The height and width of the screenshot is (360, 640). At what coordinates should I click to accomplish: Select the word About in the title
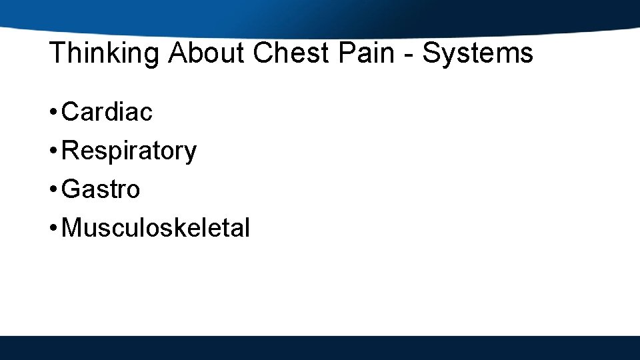(206, 53)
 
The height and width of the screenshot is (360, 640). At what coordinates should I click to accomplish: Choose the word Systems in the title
(477, 53)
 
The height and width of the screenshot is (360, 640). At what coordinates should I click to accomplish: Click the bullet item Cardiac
(107, 112)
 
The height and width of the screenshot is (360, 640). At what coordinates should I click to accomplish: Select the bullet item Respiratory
(129, 151)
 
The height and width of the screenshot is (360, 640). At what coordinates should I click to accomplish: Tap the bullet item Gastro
(101, 189)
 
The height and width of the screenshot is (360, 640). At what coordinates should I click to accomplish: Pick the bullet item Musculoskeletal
(155, 228)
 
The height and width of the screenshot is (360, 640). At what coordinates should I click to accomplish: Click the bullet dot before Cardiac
(53, 113)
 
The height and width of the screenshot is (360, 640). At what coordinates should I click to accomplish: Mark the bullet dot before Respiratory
(53, 151)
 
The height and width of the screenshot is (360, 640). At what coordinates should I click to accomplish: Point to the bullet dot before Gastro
(53, 190)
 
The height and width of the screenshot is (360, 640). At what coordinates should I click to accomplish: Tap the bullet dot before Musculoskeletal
(53, 229)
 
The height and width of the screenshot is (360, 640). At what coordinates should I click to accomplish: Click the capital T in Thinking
(57, 53)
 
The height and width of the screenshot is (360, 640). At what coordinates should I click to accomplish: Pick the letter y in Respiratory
(191, 153)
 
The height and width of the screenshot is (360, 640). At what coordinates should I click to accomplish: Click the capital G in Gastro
(70, 189)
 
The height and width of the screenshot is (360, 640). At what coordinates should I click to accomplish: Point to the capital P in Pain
(346, 53)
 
